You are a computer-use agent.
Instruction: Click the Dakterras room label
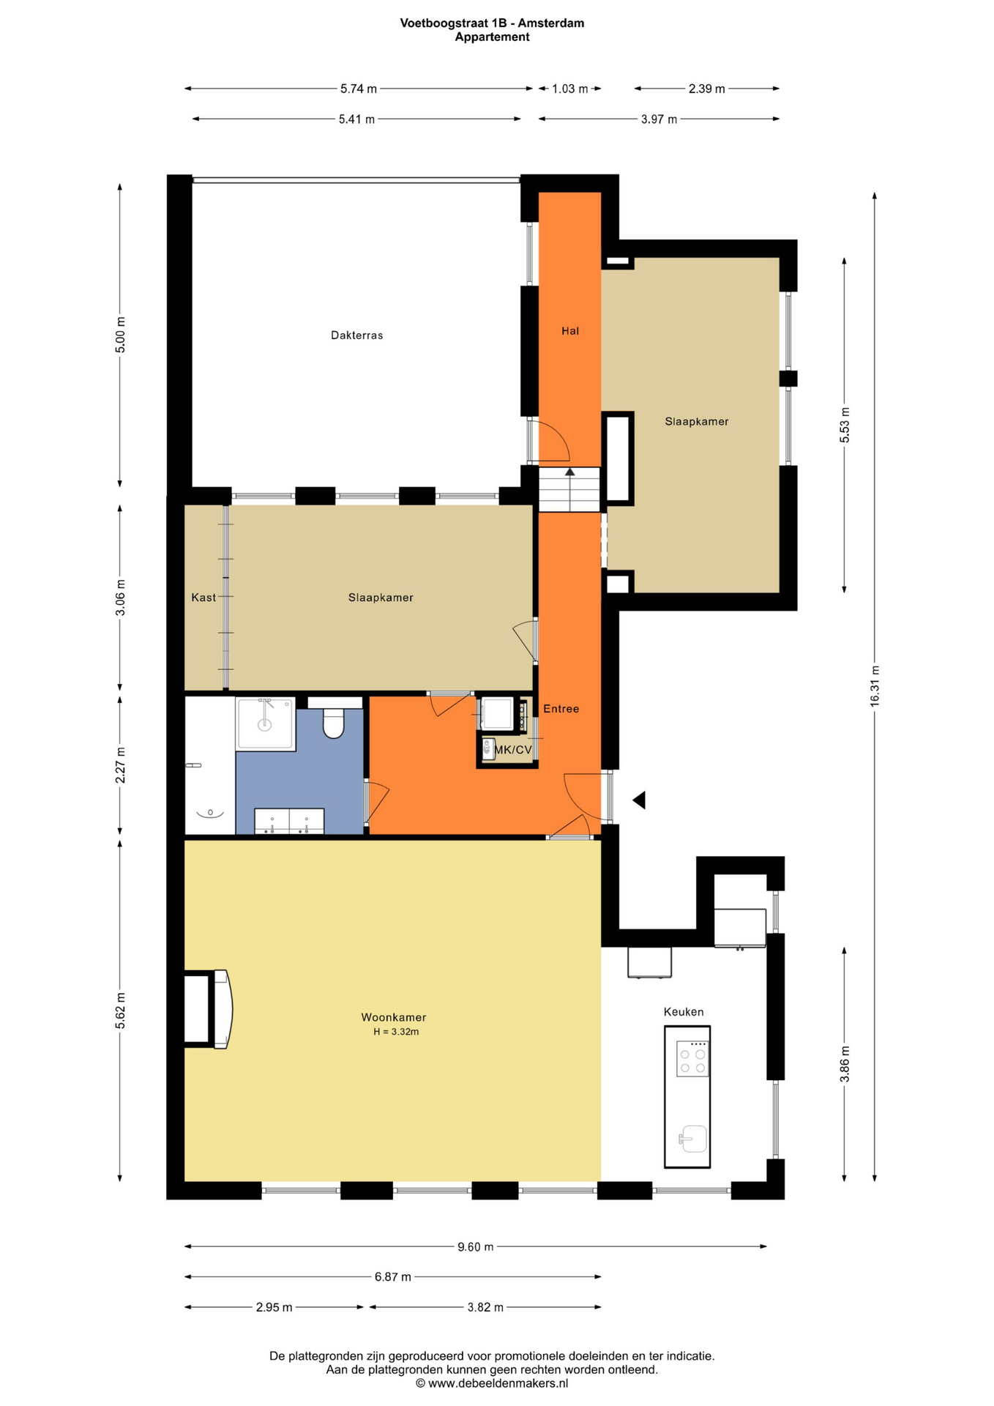(x=356, y=335)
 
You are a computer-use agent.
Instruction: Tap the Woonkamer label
(x=393, y=1017)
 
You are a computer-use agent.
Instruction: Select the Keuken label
(x=683, y=1012)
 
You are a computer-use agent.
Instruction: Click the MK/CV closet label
(x=512, y=750)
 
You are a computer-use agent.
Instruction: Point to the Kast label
(x=203, y=598)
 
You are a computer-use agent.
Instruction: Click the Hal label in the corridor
(x=569, y=331)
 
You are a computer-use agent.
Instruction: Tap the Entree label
(x=561, y=709)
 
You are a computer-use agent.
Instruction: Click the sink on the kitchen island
(x=692, y=1139)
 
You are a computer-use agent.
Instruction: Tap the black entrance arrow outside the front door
(x=639, y=800)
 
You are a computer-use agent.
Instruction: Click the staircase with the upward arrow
(x=569, y=489)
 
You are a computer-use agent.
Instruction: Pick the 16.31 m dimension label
(x=874, y=686)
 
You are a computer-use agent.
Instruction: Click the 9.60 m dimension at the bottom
(x=475, y=1246)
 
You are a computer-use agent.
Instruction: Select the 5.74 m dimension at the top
(x=358, y=89)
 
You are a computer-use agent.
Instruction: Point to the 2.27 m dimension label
(x=121, y=765)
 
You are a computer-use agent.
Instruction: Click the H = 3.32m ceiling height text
(x=395, y=1032)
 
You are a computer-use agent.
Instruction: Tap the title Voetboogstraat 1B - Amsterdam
(x=491, y=23)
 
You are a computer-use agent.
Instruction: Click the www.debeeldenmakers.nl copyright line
(x=491, y=1383)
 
